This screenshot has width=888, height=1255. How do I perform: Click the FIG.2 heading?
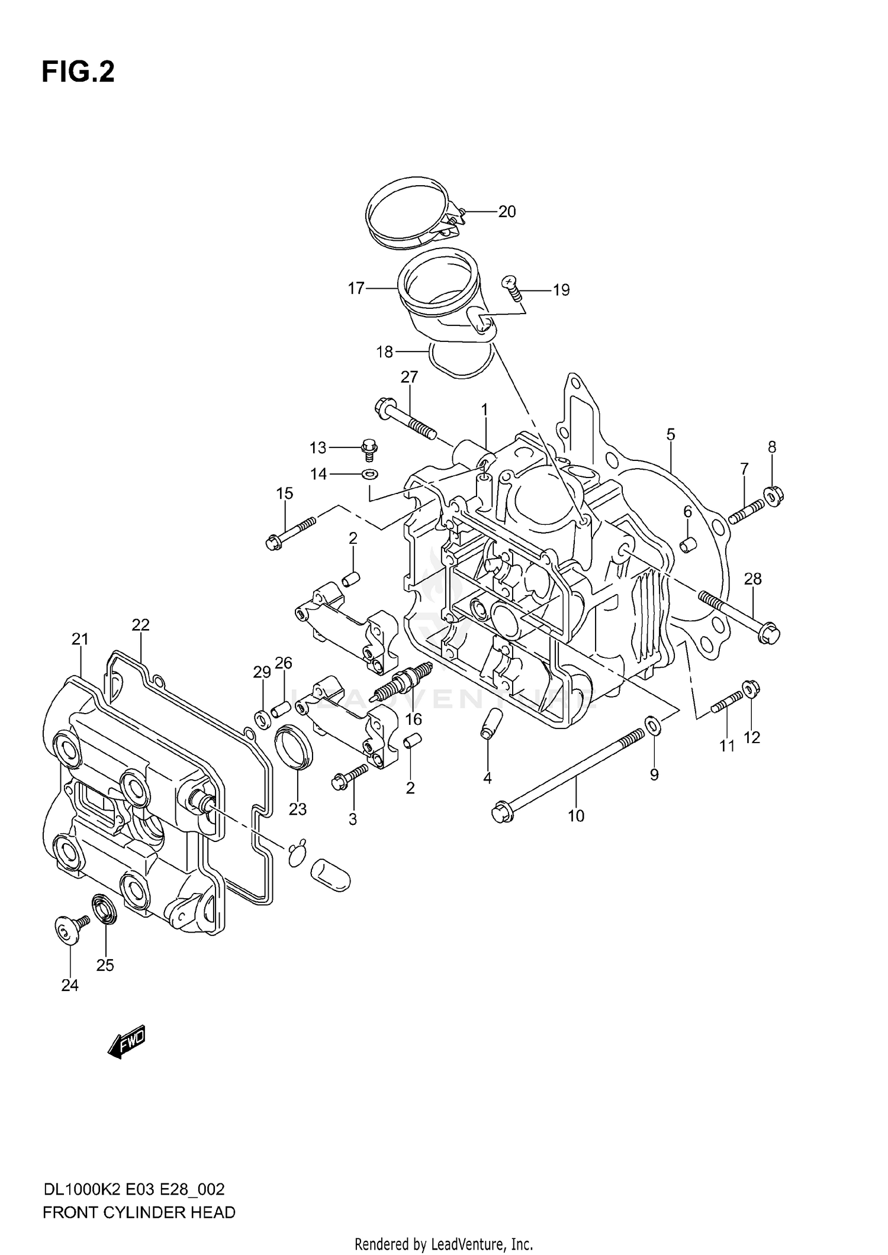(78, 72)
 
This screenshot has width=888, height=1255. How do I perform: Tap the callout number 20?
(507, 212)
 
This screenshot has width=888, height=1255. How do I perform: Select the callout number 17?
(356, 289)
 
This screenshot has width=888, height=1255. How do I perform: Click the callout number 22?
(140, 625)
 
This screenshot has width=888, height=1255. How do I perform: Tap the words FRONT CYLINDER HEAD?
(139, 1213)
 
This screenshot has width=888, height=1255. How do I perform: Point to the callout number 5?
(670, 434)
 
